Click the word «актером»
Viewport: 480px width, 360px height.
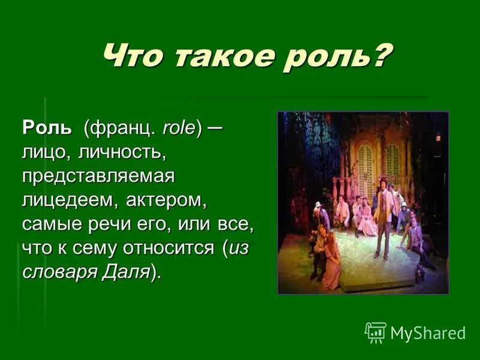tap(165, 201)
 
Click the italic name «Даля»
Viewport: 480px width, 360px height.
tap(125, 273)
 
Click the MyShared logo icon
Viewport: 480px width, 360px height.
tap(376, 332)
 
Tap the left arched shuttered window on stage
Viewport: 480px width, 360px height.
tap(365, 162)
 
